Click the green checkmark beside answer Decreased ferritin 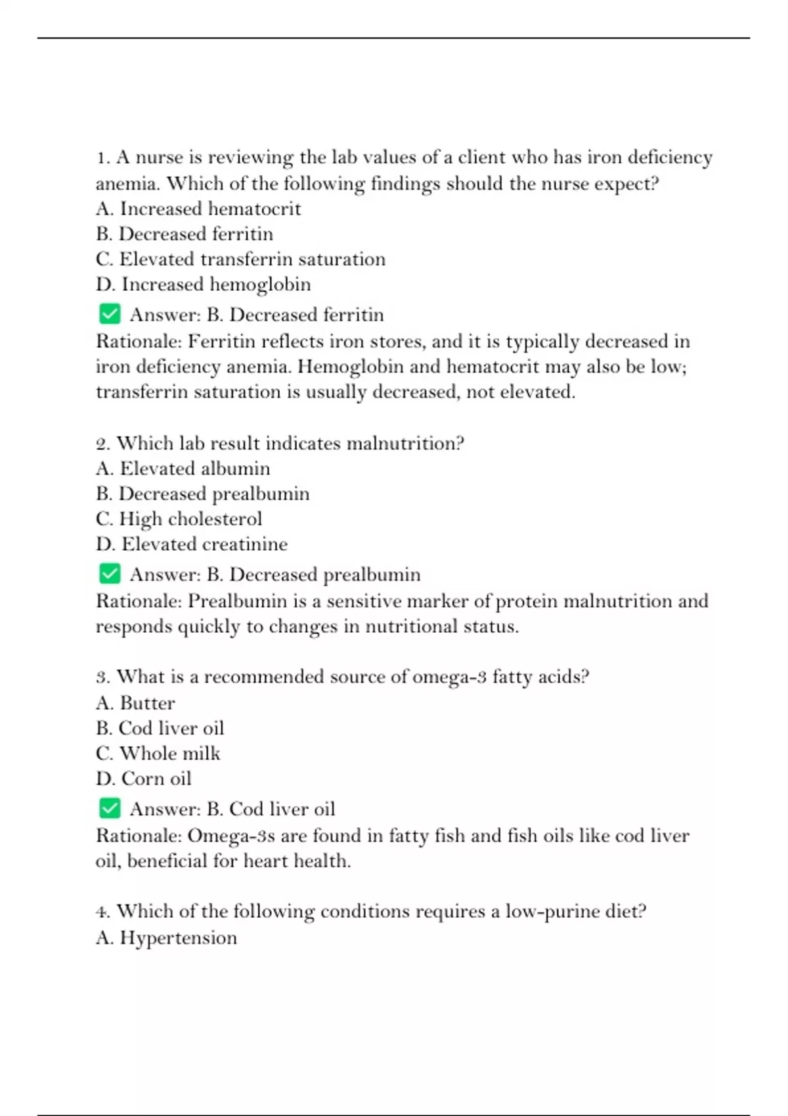[110, 314]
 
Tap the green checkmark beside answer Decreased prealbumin [110, 574]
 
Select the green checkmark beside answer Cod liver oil [110, 808]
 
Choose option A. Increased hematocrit [198, 209]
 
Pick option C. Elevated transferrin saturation [240, 259]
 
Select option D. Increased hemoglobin [203, 284]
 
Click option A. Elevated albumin [183, 469]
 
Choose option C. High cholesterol [179, 519]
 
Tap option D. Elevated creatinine [191, 544]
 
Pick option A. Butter [135, 703]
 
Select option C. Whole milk [158, 754]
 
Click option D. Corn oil [143, 779]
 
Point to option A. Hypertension [166, 937]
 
